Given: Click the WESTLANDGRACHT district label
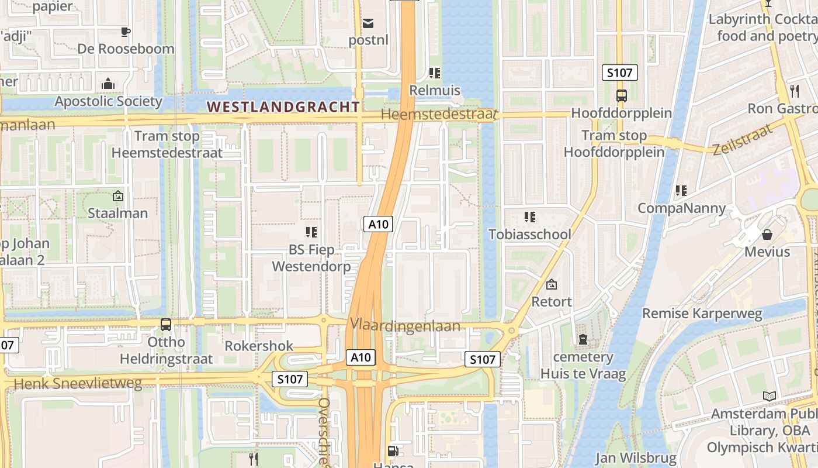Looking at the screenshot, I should [284, 106].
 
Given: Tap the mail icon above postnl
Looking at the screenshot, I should [368, 23].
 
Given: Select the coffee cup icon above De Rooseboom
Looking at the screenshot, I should [125, 32].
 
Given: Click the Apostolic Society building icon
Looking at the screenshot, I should [108, 84].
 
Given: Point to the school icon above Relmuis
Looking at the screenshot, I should [434, 73].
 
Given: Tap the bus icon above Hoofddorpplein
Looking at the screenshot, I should [621, 95].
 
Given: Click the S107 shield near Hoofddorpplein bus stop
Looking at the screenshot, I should [619, 73].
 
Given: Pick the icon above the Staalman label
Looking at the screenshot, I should [117, 196].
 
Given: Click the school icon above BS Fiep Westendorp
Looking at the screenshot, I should [311, 232].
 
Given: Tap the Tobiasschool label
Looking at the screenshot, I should [530, 235].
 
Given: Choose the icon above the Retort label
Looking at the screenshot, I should [551, 285].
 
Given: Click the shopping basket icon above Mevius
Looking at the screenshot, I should [767, 235].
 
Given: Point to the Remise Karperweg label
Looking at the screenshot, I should [702, 314].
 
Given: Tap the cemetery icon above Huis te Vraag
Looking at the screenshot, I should [583, 339].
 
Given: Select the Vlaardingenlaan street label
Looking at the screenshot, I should [405, 326].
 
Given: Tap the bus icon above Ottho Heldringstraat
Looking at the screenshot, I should [166, 324].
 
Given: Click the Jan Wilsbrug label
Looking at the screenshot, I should [636, 457].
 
